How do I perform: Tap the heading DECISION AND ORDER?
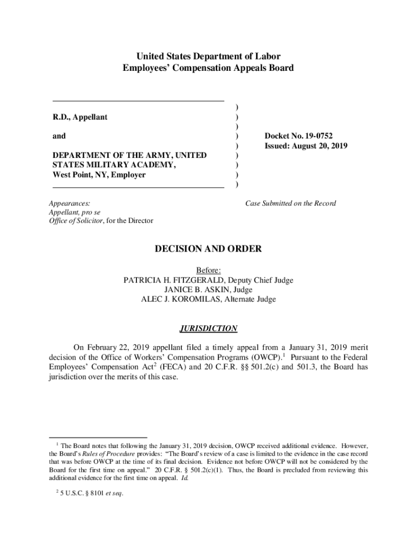(208, 249)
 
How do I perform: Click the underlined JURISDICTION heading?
(208, 328)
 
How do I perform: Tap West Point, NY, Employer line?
(99, 175)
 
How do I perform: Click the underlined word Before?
(208, 271)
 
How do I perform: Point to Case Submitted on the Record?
(290, 203)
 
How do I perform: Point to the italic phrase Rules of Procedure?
(105, 453)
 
